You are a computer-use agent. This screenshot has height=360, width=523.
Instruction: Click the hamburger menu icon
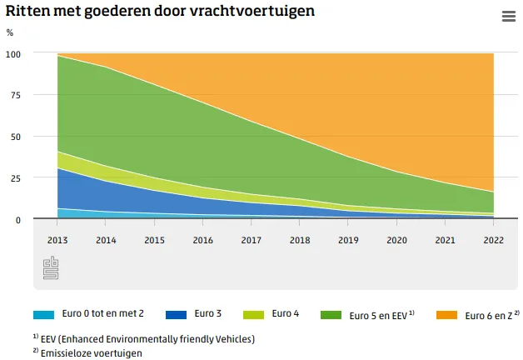click(508, 16)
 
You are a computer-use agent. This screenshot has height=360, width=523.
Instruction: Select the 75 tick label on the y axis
click(15, 95)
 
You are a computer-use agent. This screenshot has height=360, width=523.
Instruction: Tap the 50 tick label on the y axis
click(15, 137)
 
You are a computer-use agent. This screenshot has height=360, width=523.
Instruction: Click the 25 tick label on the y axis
click(15, 178)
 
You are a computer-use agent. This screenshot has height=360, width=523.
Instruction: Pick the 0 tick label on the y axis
click(17, 220)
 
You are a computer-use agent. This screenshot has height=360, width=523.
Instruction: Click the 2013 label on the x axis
click(57, 239)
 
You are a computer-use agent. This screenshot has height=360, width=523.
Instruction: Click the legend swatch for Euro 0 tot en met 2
click(43, 315)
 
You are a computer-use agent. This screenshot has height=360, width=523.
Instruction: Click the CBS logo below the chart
click(50, 268)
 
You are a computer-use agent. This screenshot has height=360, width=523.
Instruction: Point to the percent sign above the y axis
click(10, 32)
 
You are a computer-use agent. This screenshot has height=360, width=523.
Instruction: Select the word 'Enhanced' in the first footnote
click(95, 339)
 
